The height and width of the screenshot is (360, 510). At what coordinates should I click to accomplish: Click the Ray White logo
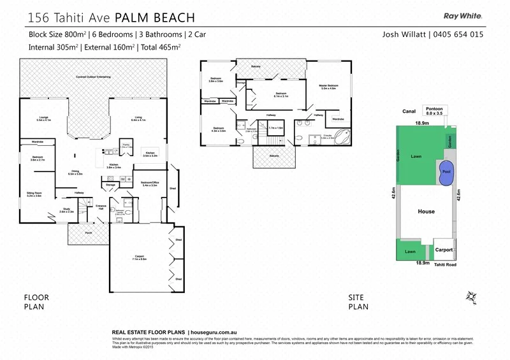point(462,17)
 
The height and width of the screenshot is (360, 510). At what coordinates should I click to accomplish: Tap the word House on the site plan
point(426,212)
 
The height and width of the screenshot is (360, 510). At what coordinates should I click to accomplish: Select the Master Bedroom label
point(329,87)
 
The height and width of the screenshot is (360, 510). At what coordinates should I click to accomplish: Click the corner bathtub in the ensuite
point(344,136)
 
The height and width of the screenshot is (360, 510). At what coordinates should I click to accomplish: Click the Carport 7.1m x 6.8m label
point(139,258)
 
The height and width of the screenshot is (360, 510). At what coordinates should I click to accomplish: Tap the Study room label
point(66,210)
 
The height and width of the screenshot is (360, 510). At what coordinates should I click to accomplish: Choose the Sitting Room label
point(34,194)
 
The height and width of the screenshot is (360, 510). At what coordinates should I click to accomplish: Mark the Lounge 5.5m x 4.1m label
point(43,119)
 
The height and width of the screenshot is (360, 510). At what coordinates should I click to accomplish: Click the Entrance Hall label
point(101,207)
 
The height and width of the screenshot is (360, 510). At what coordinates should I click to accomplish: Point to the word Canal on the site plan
point(409,112)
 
